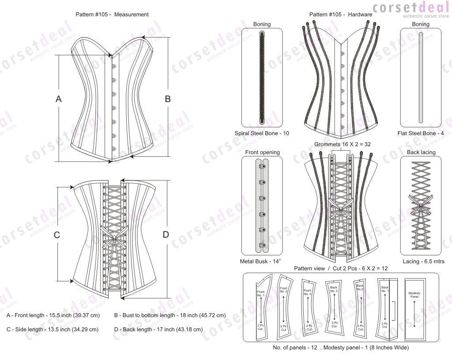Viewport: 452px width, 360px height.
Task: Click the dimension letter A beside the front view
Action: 58,100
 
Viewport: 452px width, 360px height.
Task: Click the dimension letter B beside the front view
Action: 168,99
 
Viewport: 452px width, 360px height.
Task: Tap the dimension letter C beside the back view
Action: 57,235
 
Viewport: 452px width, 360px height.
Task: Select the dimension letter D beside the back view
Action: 166,235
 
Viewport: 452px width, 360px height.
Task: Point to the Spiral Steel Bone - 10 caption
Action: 262,133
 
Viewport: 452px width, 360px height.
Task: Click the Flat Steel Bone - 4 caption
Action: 420,133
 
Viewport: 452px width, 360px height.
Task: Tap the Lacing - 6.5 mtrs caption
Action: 420,261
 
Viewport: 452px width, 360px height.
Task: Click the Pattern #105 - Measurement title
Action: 112,15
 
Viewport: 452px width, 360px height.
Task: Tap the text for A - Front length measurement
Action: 53,315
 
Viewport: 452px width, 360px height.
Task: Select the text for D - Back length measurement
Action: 158,329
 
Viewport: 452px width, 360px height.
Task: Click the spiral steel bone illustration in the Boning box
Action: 262,78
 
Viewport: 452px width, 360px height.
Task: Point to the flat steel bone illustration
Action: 420,78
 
